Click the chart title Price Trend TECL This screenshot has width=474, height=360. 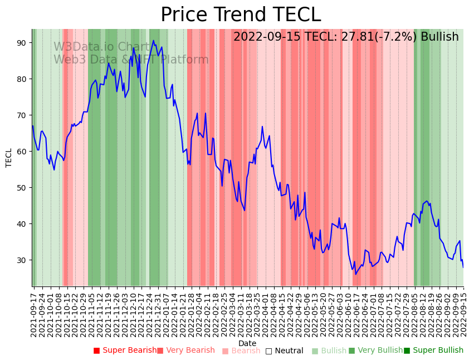pyautogui.click(x=241, y=15)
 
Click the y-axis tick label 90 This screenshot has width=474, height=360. pyautogui.click(x=22, y=43)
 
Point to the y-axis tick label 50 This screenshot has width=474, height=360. pyautogui.click(x=22, y=188)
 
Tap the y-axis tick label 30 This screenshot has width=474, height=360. pyautogui.click(x=22, y=260)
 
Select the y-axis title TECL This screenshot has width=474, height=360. pyautogui.click(x=9, y=158)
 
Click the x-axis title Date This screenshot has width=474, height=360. pyautogui.click(x=247, y=343)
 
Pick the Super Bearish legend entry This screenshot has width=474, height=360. pyautogui.click(x=125, y=351)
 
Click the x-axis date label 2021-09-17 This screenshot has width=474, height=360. pyautogui.click(x=34, y=312)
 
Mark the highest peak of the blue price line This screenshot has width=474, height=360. pyautogui.click(x=153, y=40)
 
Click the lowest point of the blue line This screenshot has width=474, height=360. pyautogui.click(x=355, y=274)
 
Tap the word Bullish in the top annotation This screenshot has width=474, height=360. pyautogui.click(x=439, y=37)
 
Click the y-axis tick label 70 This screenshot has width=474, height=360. pyautogui.click(x=22, y=115)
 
